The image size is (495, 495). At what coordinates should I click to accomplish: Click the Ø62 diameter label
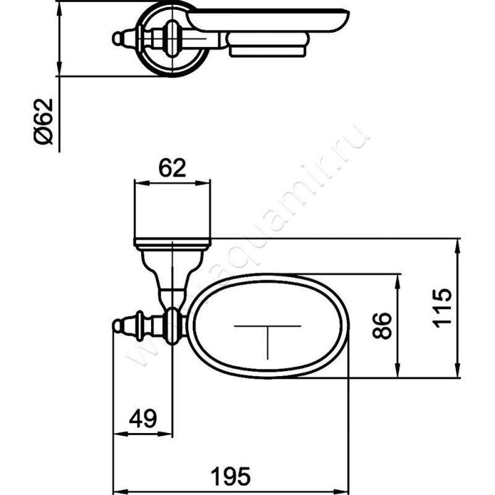[43, 121]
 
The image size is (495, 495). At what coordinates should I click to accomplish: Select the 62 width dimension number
[172, 168]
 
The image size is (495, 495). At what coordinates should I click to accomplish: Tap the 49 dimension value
[143, 419]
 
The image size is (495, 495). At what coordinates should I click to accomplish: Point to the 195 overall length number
[230, 476]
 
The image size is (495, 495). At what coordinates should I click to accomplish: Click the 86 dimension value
[382, 326]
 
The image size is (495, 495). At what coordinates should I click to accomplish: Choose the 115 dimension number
[442, 308]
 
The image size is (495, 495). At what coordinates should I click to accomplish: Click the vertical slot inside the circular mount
[171, 38]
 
